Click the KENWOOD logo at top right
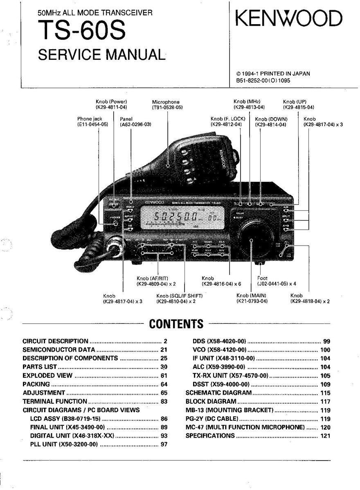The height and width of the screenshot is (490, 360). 288,19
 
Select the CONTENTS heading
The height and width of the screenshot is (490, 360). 176,324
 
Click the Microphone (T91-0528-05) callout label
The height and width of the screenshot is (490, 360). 166,104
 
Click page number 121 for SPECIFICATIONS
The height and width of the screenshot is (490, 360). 325,436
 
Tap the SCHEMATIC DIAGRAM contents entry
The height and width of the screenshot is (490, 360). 218,393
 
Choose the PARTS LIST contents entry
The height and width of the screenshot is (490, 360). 40,367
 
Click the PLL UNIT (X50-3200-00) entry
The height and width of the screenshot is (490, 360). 64,445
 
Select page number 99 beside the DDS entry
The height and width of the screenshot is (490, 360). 326,341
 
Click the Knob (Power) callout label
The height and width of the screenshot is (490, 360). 111,104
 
